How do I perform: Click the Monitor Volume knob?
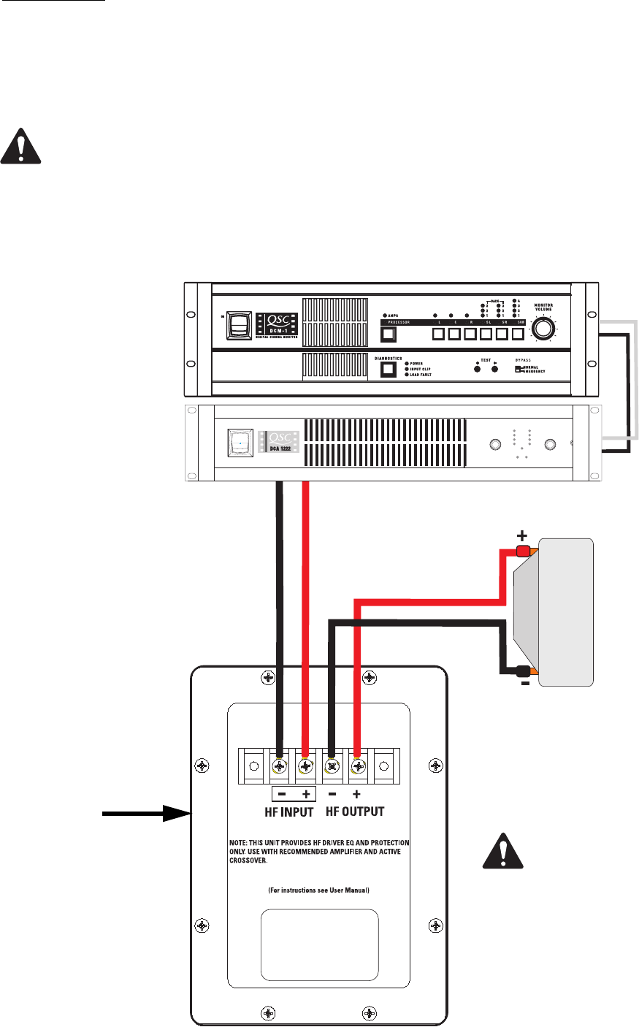(542, 331)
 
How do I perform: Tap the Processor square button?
(389, 335)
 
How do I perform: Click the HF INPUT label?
(288, 812)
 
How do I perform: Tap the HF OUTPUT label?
(354, 812)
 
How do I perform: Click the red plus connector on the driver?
(523, 551)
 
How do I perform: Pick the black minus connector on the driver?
(523, 672)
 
